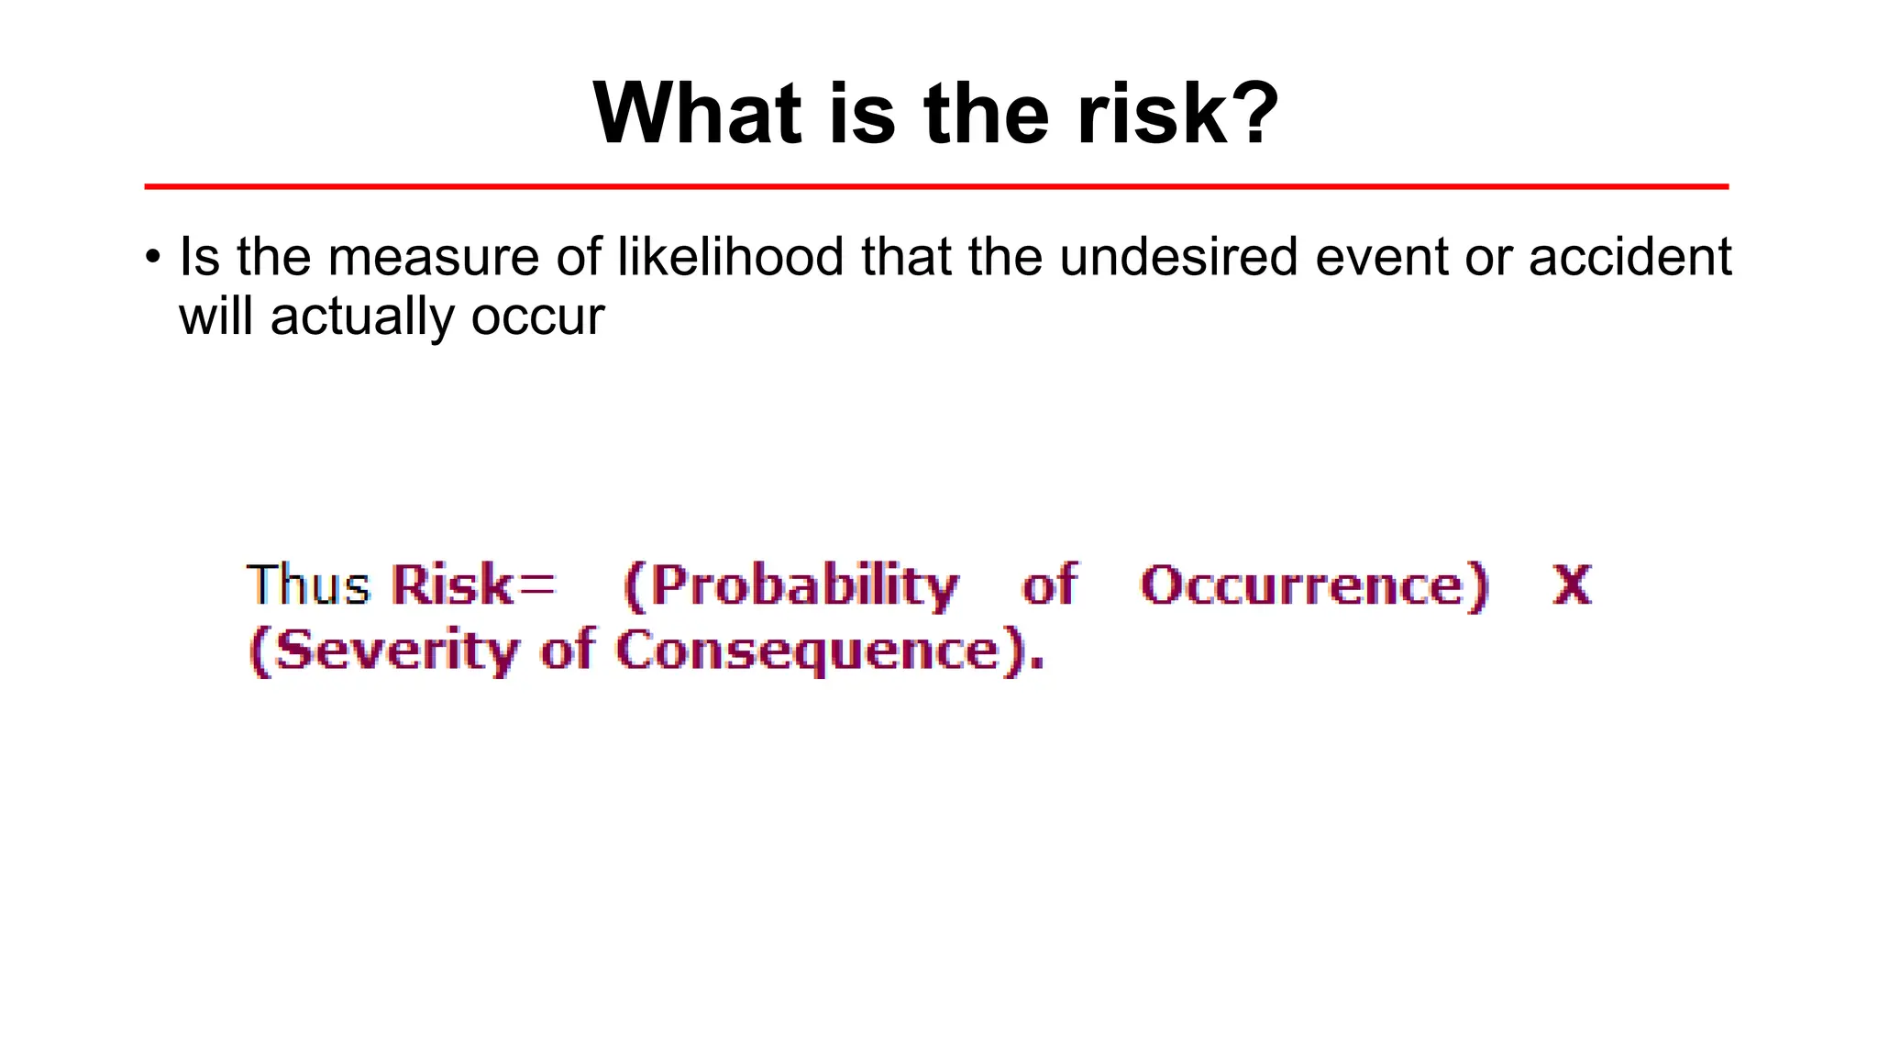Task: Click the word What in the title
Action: click(x=697, y=114)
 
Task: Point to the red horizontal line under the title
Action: click(x=935, y=186)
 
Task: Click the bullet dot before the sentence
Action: click(x=153, y=257)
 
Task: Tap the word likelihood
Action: click(x=730, y=257)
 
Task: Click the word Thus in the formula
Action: click(x=308, y=584)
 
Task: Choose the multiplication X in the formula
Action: click(x=1572, y=584)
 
